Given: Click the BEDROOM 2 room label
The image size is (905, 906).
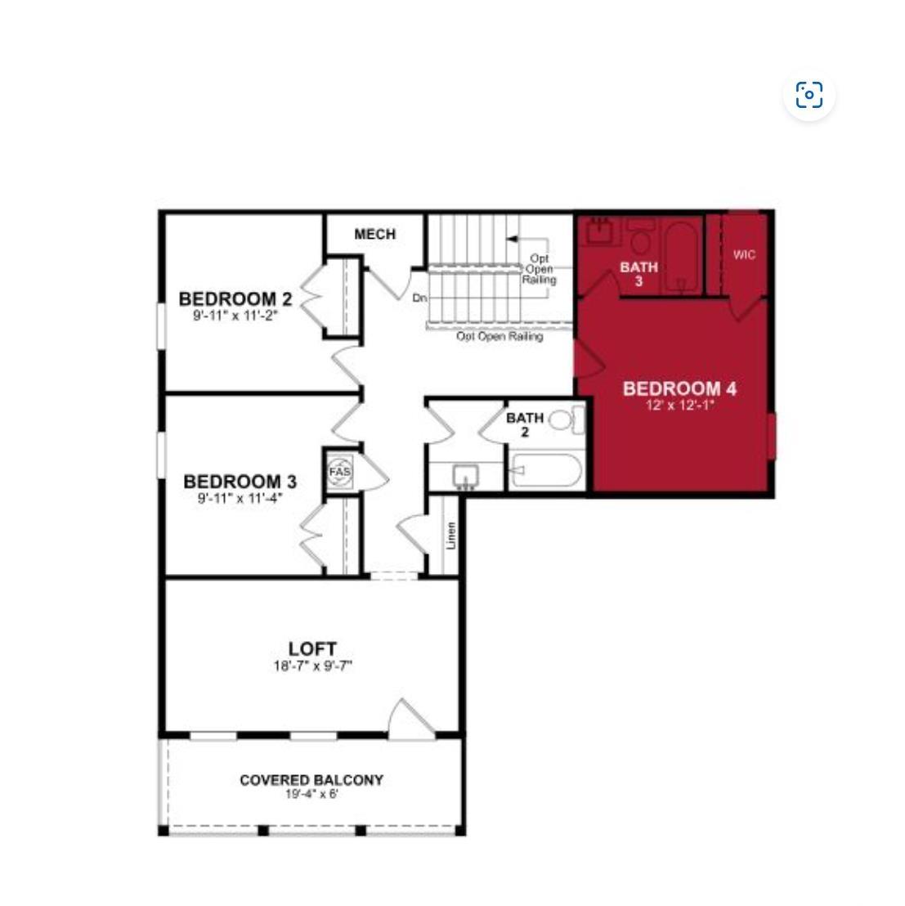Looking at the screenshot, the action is click(235, 298).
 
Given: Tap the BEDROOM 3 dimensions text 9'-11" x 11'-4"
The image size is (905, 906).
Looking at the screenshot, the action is click(240, 497).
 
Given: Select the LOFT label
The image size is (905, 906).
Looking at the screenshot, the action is click(312, 649).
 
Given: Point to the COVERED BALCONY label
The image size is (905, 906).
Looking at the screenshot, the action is click(311, 780).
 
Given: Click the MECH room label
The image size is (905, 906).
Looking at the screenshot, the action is click(374, 234).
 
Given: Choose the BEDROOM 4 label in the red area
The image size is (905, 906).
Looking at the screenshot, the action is click(679, 388).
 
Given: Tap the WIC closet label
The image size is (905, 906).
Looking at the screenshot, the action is click(744, 255).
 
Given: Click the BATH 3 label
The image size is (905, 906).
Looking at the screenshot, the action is click(638, 274).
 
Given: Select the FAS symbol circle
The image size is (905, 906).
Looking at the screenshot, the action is click(339, 472).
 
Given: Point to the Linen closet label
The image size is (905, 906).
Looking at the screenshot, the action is click(451, 536).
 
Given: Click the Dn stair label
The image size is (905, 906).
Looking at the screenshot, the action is click(420, 298).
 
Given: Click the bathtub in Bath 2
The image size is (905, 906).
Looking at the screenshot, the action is click(546, 470).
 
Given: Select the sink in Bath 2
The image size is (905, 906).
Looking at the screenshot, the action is click(465, 478).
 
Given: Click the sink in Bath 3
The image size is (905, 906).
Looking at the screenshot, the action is click(599, 231).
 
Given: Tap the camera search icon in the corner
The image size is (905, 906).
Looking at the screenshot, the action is click(809, 95).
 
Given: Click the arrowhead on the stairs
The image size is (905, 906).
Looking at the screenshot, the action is click(511, 238).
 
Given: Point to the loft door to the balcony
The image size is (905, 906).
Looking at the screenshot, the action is click(410, 720).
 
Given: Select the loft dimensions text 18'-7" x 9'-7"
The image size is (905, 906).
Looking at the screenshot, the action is click(312, 666).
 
